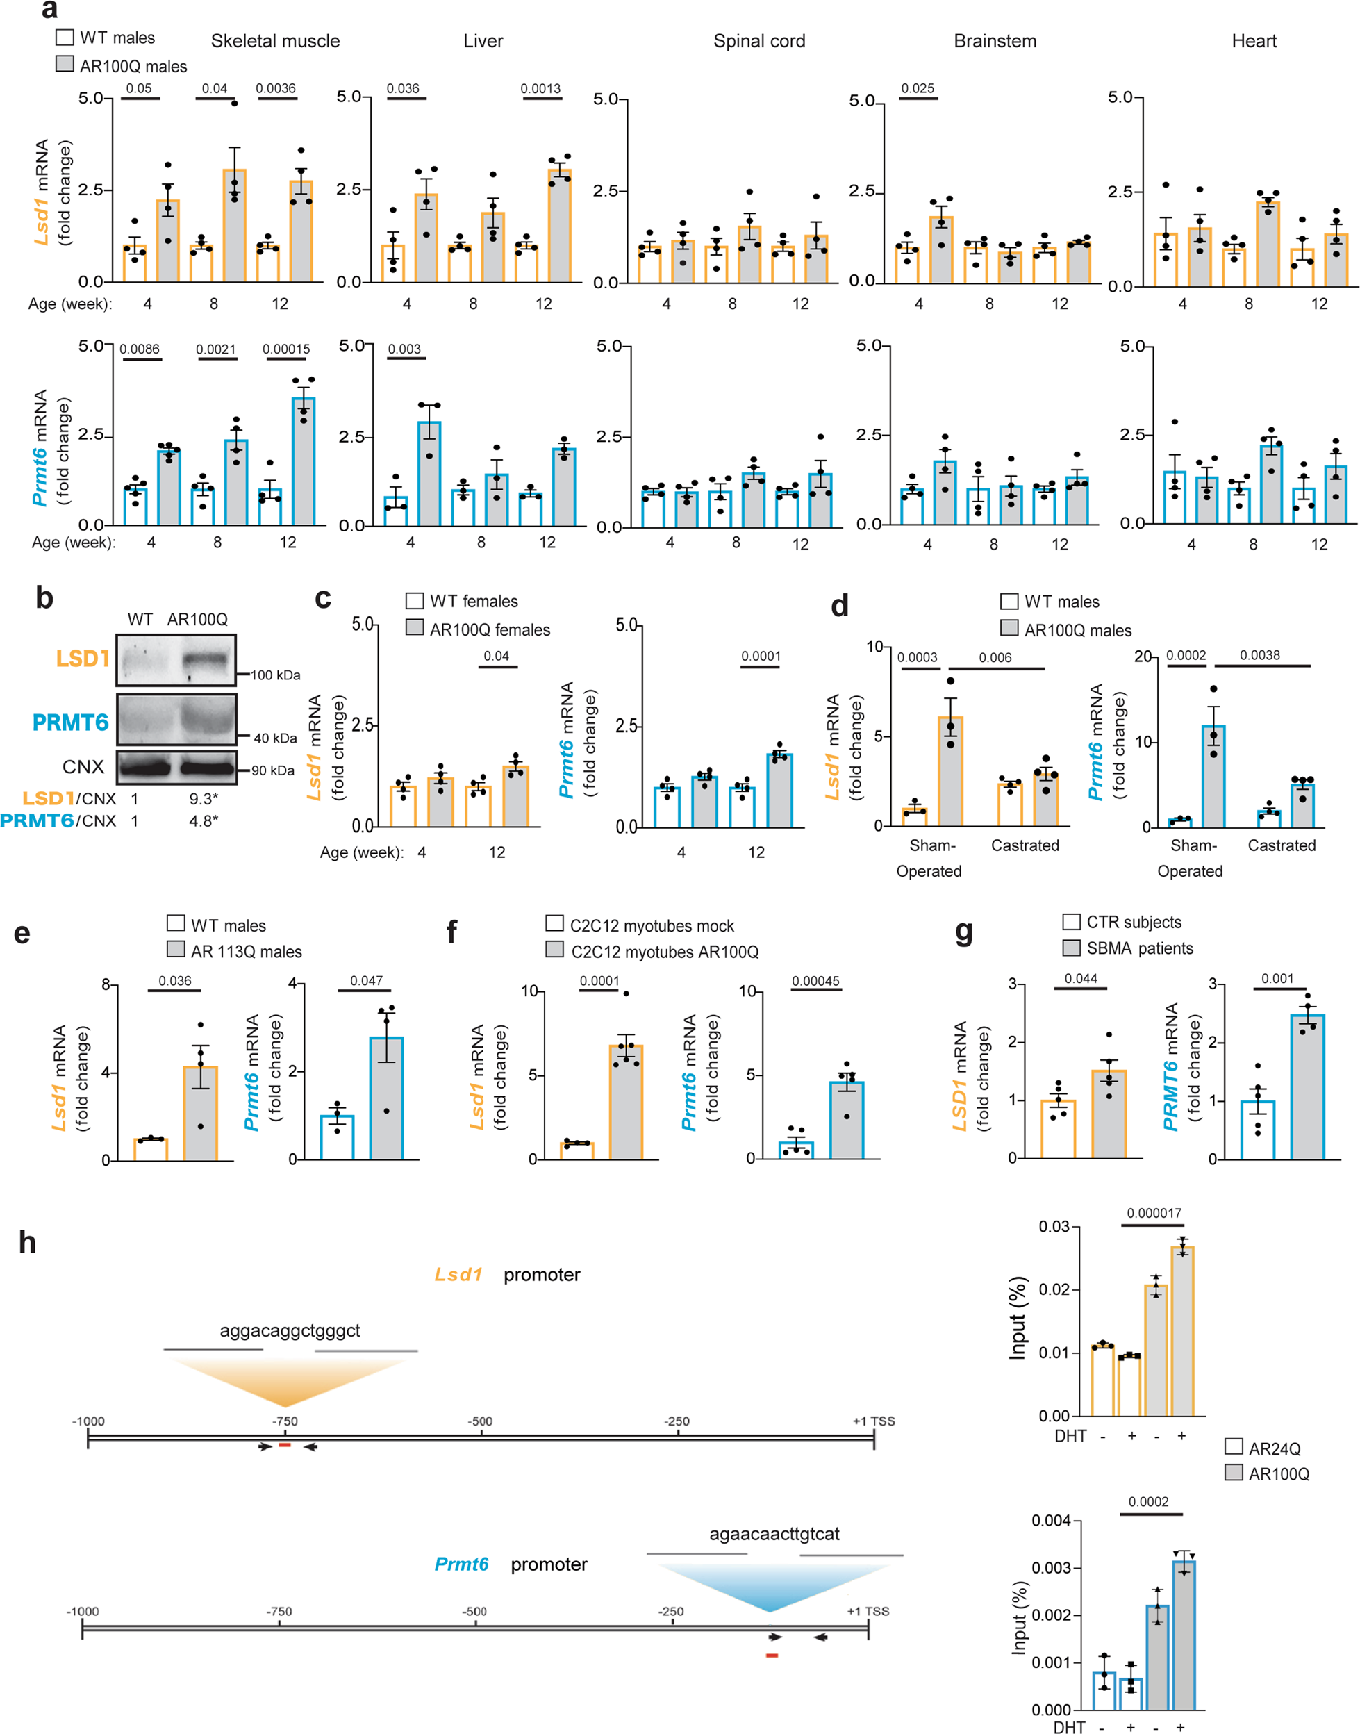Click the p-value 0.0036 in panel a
(x=276, y=88)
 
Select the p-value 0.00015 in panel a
(x=286, y=349)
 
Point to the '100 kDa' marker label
(x=276, y=675)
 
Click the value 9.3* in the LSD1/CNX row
(x=203, y=798)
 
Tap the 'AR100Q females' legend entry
(x=489, y=629)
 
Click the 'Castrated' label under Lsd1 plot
(x=1025, y=845)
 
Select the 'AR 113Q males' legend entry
(x=246, y=951)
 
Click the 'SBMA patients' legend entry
(x=1139, y=948)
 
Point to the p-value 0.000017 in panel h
(x=1154, y=1213)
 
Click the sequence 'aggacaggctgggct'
(x=290, y=1330)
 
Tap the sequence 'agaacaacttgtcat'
(x=774, y=1534)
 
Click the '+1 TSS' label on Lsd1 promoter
(x=874, y=1421)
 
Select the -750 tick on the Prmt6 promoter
(x=279, y=1611)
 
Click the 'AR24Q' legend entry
(x=1274, y=1449)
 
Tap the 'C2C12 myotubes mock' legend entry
(x=652, y=925)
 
